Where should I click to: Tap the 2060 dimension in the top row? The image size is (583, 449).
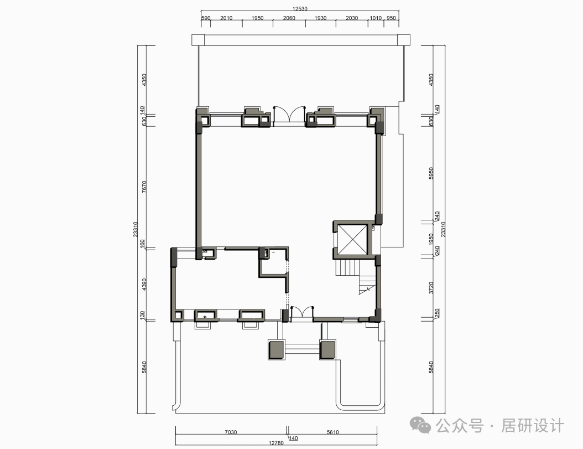289,18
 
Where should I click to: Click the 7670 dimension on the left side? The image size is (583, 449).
144,187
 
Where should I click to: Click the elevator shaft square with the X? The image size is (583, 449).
352,239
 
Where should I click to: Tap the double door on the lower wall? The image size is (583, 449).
299,312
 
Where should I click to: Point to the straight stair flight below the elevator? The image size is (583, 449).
348,269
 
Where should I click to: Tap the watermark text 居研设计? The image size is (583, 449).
532,426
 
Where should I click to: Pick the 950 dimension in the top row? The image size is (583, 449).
392,18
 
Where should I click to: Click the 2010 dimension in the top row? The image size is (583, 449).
226,18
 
